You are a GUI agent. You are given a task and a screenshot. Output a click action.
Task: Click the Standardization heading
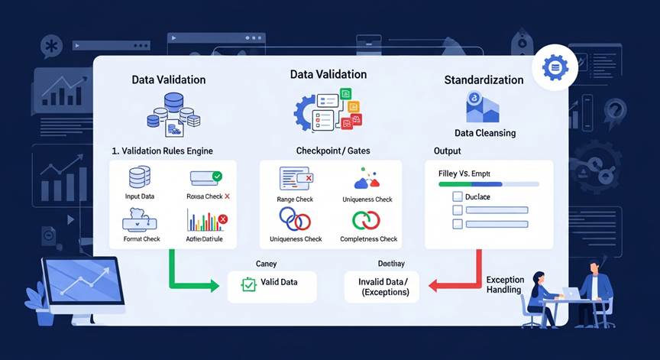(x=484, y=79)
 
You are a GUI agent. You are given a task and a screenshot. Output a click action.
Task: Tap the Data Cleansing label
(x=484, y=133)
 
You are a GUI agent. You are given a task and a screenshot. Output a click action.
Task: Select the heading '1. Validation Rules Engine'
(x=162, y=151)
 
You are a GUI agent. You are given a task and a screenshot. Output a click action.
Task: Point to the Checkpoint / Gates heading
(x=332, y=151)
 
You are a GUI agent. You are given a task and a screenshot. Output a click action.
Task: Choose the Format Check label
(x=141, y=238)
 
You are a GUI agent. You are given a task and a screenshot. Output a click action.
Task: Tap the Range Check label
(x=296, y=199)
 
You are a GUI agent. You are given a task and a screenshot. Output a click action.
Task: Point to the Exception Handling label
(x=504, y=285)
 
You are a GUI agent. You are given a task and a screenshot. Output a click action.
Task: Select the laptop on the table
(x=569, y=293)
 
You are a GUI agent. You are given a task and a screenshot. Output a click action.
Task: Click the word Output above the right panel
(x=447, y=151)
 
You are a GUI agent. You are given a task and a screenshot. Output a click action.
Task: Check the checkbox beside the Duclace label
(x=458, y=196)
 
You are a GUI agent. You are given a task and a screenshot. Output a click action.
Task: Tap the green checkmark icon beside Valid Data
(x=247, y=284)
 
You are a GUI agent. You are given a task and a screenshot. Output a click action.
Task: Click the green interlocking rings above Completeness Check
(x=364, y=220)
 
